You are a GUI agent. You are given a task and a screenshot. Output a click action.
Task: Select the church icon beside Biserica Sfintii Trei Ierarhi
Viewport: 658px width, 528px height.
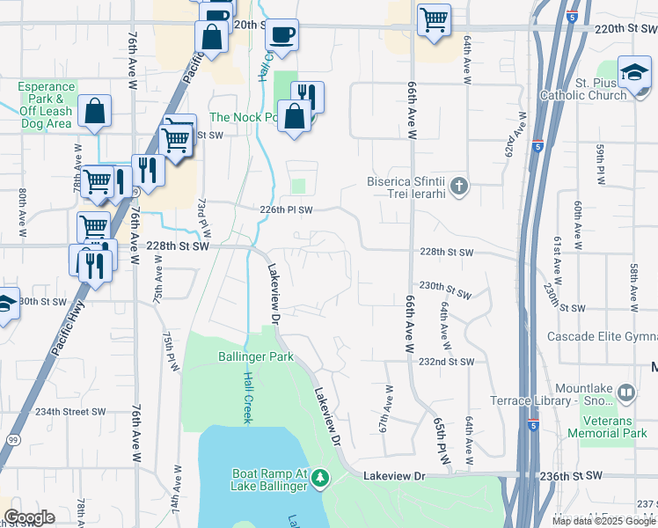click(x=458, y=186)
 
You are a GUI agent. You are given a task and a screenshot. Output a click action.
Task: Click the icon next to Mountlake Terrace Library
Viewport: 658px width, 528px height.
click(x=626, y=392)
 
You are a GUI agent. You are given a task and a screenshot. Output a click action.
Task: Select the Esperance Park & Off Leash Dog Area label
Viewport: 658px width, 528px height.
click(x=47, y=105)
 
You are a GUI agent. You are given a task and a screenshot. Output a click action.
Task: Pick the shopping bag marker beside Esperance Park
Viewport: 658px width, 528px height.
click(x=94, y=113)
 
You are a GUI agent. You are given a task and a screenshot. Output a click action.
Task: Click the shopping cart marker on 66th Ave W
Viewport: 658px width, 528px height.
click(x=433, y=19)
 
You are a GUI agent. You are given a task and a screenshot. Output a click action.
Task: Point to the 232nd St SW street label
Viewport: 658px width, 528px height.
click(x=446, y=362)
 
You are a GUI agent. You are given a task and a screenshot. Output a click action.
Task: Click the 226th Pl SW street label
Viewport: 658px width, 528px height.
click(x=287, y=210)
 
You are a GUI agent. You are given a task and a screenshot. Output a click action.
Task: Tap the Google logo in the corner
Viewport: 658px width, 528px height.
click(x=29, y=517)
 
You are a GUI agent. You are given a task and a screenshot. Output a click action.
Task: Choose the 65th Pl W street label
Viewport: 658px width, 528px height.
click(x=441, y=436)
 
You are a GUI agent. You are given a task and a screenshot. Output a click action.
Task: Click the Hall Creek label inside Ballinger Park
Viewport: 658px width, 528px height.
click(x=248, y=397)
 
